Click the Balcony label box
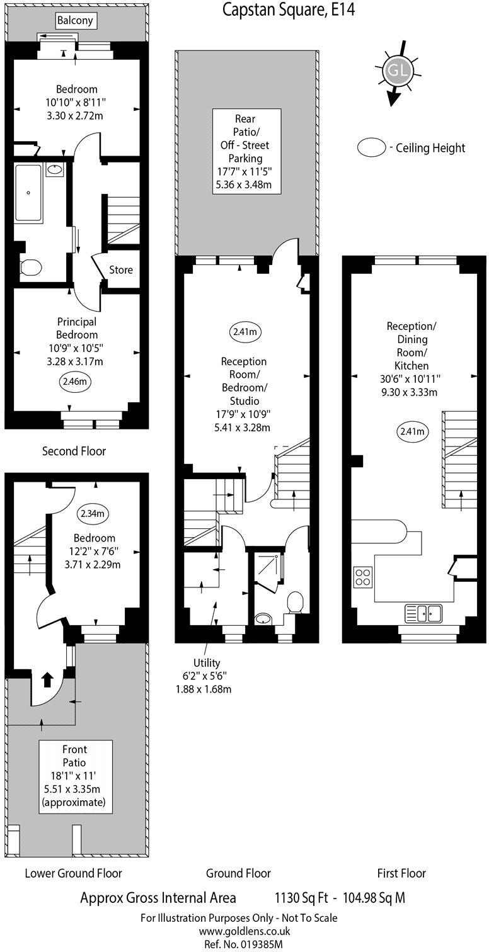pos(75,21)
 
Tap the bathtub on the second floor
pos(30,193)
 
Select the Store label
pos(121,269)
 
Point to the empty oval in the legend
pos(371,148)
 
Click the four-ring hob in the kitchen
pos(363,577)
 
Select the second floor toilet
pos(29,269)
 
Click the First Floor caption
pos(401,873)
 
